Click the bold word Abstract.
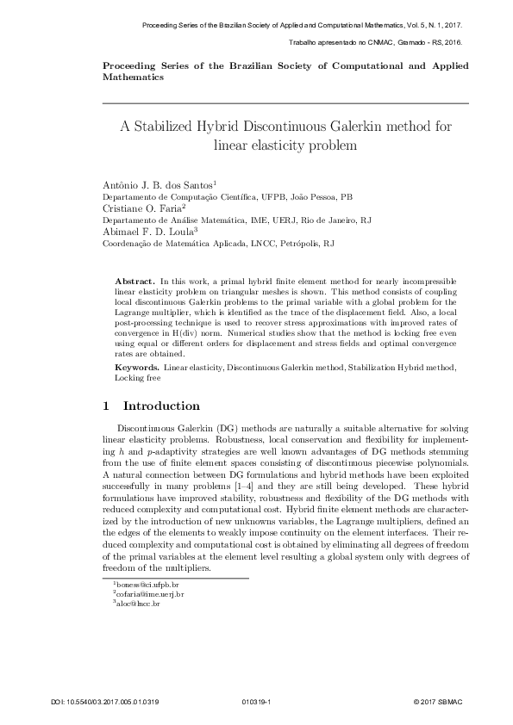coord(135,282)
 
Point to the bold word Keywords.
coord(138,368)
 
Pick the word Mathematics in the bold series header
coord(133,77)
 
